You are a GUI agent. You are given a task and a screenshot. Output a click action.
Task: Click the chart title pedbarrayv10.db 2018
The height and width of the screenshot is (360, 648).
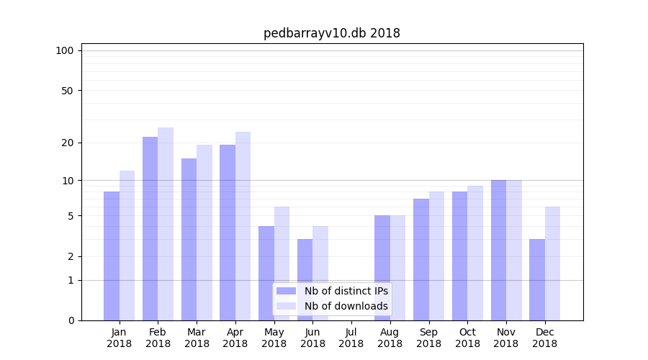coord(331,33)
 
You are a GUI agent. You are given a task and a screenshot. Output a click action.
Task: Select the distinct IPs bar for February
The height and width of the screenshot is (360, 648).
coord(150,228)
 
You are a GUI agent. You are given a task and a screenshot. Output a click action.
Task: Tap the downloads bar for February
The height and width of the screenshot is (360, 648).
coord(166,224)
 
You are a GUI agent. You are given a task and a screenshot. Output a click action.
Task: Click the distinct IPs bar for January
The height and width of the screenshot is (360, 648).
coord(112,256)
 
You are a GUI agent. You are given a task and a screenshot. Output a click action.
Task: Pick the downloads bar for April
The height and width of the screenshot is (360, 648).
coord(243,226)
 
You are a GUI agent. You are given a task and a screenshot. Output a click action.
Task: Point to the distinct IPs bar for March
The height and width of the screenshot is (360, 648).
coord(189,239)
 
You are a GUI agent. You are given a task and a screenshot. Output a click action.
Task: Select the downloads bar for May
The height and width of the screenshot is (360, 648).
coord(282,264)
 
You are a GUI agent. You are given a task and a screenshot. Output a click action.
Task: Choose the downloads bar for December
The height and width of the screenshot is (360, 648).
coord(552,264)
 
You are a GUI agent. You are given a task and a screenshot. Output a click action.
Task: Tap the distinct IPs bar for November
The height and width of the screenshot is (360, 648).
coord(498,250)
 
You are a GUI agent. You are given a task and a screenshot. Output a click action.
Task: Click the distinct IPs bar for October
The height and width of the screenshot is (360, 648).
coord(459,256)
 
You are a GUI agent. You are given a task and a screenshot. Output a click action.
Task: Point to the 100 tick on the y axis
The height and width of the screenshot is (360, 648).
coord(65,50)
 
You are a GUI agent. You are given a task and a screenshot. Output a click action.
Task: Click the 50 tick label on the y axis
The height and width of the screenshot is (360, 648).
coord(67,91)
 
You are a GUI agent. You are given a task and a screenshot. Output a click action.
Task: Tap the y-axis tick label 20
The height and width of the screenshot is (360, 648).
coord(67,143)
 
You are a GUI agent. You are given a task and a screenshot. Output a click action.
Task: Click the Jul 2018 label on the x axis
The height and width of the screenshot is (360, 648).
coord(351,338)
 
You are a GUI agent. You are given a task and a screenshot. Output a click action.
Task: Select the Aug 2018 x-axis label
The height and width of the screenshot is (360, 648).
coord(390,338)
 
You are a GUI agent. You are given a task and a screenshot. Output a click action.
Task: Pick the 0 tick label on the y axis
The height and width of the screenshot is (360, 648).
coord(71,320)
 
